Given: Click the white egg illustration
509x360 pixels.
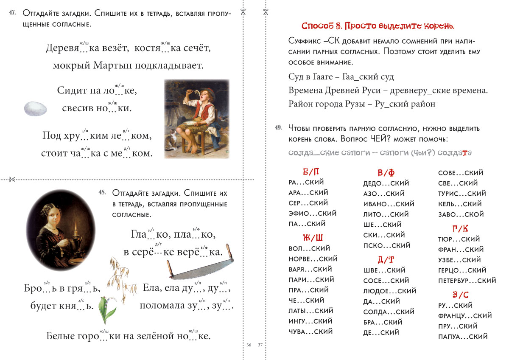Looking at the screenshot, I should [x=36, y=109].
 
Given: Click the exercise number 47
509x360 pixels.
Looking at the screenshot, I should [x=12, y=13].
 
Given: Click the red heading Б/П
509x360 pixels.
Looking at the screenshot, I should [x=311, y=172].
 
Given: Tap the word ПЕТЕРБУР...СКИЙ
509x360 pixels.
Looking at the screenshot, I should [x=467, y=281].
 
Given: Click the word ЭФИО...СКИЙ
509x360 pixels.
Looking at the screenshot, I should [x=312, y=213].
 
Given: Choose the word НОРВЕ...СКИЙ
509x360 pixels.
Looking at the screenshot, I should [x=313, y=259].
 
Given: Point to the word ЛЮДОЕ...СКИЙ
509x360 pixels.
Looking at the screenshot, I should [x=390, y=291].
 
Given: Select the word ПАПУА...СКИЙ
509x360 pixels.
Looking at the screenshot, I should [x=463, y=337].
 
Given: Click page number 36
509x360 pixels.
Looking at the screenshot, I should [x=249, y=344].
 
